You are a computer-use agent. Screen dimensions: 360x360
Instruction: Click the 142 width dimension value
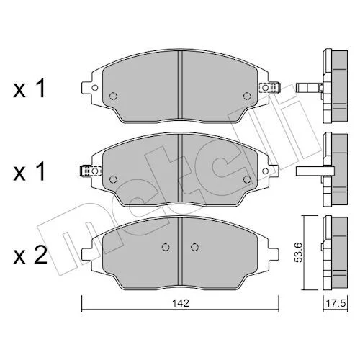pos(181,303)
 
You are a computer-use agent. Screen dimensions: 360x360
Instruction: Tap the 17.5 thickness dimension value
pos(336,303)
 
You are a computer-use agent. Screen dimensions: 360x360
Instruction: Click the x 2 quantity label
pos(30,256)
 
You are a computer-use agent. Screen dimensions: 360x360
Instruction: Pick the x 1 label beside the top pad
pos(30,89)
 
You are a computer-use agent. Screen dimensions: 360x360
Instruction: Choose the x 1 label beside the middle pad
pos(30,171)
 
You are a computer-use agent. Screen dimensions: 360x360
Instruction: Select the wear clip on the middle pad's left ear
pos(90,171)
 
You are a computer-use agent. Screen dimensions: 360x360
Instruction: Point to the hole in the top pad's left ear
pos(95,88)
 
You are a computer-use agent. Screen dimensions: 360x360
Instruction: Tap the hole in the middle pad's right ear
pos(266,171)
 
